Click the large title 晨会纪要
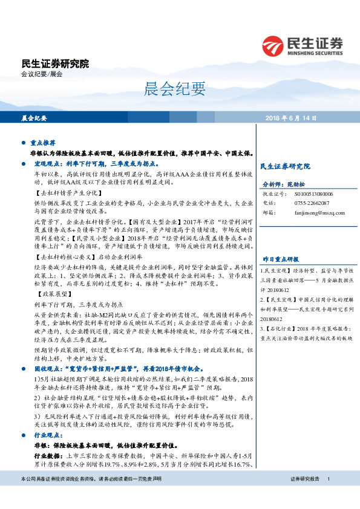point(179,89)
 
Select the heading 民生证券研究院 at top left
point(55,63)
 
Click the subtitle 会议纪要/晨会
point(42,74)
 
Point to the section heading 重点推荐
point(43,143)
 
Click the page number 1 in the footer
point(328,496)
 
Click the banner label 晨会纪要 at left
point(34,118)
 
